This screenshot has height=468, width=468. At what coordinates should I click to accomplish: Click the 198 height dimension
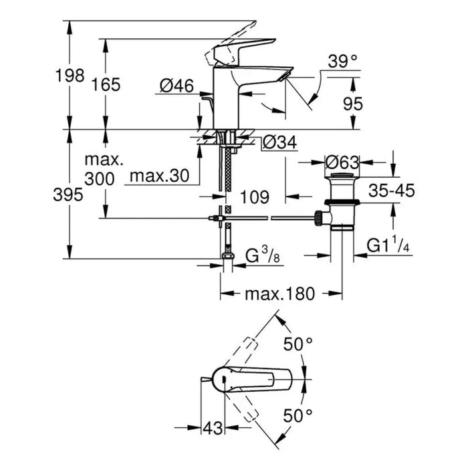(70, 75)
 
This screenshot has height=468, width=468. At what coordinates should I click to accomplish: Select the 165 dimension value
(106, 85)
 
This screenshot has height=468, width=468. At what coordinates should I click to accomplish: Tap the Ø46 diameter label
(177, 85)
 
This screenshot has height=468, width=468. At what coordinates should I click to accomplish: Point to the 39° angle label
(343, 62)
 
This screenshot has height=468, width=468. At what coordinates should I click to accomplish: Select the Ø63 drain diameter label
(342, 162)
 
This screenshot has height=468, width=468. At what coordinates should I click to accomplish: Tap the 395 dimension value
(70, 195)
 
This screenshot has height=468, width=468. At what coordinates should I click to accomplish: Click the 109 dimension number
(254, 197)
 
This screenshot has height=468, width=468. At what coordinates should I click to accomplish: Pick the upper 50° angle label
(298, 344)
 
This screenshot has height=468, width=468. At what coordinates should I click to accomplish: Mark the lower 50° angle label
(298, 416)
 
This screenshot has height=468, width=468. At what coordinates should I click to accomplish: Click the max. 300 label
(104, 170)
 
